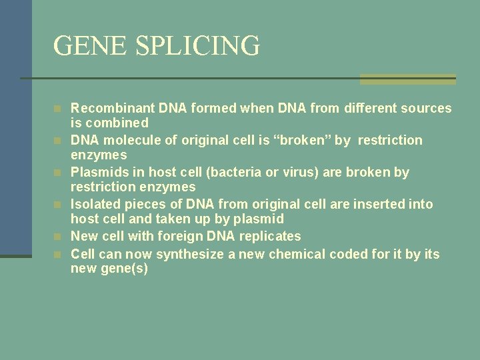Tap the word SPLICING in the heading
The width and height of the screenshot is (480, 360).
tap(197, 46)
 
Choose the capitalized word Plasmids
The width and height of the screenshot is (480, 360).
tap(99, 172)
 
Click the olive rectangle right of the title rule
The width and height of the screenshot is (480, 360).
tap(407, 79)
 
